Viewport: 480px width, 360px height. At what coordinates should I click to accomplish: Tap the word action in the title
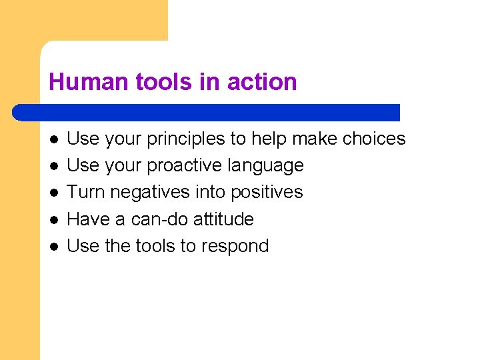click(x=262, y=82)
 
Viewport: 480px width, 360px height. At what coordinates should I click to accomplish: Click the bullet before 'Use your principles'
click(x=53, y=139)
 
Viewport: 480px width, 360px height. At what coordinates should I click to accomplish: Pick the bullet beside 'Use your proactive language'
click(x=53, y=165)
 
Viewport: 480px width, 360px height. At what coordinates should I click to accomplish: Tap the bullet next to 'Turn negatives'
click(x=53, y=192)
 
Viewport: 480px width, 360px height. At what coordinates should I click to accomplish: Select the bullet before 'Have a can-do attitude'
click(x=53, y=219)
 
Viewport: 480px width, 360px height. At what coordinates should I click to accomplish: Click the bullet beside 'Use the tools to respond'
click(x=53, y=245)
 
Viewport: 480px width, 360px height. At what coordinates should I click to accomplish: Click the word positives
click(x=266, y=192)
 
